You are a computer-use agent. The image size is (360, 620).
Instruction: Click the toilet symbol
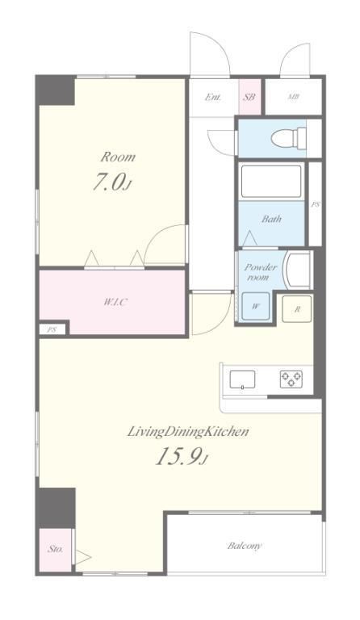[x=289, y=137]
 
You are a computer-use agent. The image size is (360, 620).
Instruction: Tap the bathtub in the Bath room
[x=271, y=182]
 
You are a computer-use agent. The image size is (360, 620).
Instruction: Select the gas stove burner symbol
[x=291, y=379]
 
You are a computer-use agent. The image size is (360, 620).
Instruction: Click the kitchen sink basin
[x=242, y=380]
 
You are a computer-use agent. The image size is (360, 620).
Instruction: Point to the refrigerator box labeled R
[x=297, y=309]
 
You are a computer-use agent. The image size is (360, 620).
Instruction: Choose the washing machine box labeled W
[x=256, y=306]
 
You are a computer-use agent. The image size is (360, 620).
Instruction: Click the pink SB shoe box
[x=249, y=97]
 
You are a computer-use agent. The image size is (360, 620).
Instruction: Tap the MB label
[x=293, y=97]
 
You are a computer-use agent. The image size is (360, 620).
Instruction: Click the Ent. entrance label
[x=213, y=97]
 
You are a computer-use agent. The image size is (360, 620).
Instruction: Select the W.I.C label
[x=115, y=303]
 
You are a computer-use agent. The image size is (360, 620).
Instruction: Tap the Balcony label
[x=245, y=546]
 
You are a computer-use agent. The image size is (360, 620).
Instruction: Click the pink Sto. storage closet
[x=56, y=549]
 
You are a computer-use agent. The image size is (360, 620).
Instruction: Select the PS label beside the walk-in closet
[x=52, y=330]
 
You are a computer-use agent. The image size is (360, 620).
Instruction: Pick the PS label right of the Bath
[x=315, y=205]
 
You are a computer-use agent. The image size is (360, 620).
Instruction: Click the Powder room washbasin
[x=299, y=270]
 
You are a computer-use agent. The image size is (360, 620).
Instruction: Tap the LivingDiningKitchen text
[x=188, y=431]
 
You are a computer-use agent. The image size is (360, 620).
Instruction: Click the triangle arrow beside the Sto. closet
[x=83, y=557]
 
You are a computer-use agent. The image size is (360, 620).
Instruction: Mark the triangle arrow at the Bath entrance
[x=249, y=238]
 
